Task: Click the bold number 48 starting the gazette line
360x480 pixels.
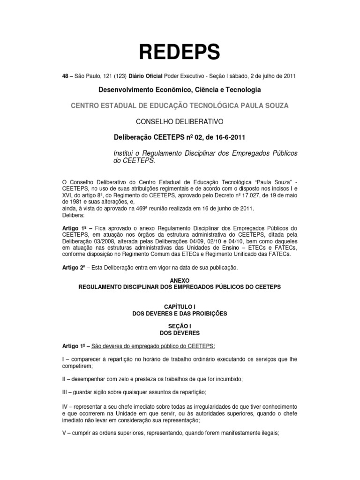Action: pyautogui.click(x=66, y=76)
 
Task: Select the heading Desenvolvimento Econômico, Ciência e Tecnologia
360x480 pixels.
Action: pyautogui.click(x=180, y=90)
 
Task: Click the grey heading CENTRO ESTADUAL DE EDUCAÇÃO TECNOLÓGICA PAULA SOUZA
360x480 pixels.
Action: pyautogui.click(x=180, y=105)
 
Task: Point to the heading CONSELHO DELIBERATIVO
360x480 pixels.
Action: pyautogui.click(x=180, y=122)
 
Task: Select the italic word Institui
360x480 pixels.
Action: pyautogui.click(x=127, y=154)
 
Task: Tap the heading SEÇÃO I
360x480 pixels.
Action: pyautogui.click(x=180, y=326)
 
